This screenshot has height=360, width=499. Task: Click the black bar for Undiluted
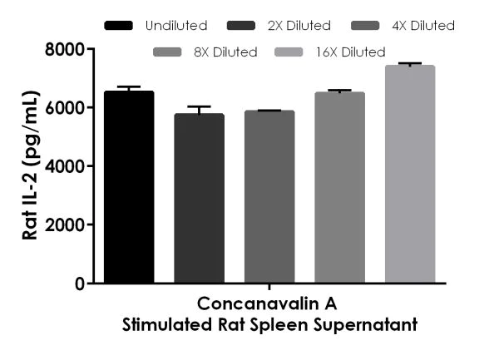pos(129,187)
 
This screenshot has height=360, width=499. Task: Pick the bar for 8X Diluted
pos(339,187)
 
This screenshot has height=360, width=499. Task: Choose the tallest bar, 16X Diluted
pos(409,174)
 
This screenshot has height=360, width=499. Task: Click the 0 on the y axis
pos(79,284)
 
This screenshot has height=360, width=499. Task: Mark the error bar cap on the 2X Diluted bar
pos(199,106)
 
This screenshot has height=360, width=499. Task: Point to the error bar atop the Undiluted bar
pos(129,87)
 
